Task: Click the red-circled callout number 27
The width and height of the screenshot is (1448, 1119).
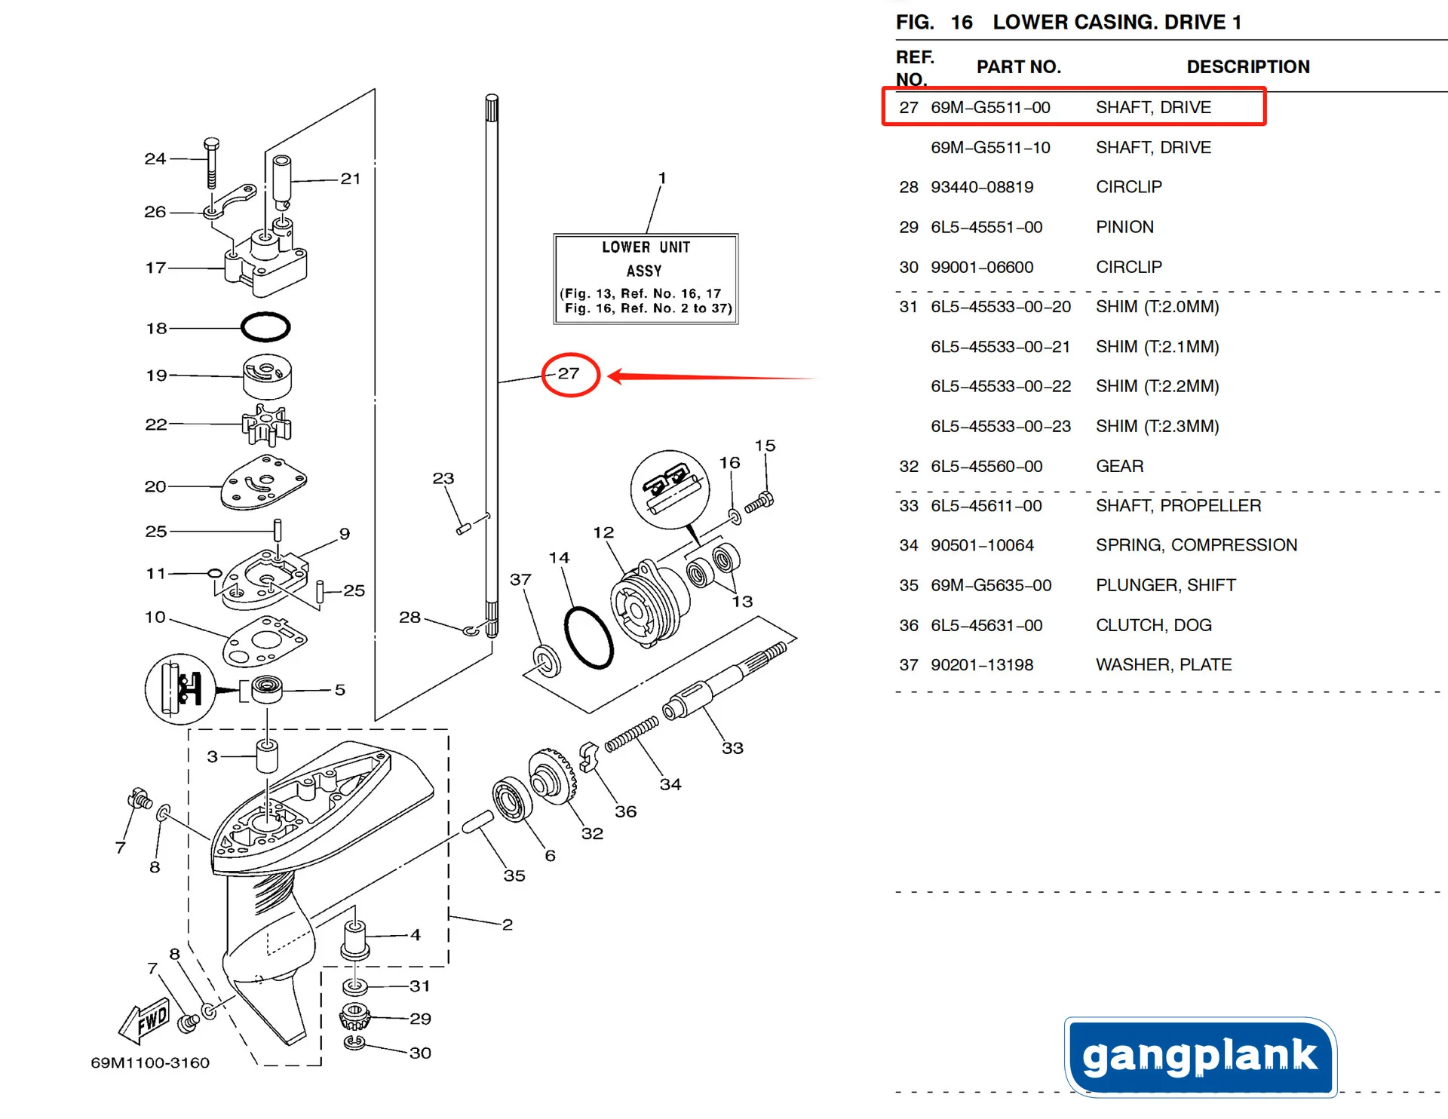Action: coord(569,373)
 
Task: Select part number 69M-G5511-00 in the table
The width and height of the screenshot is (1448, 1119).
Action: coord(990,107)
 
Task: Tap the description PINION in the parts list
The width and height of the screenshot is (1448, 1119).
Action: coord(1124,227)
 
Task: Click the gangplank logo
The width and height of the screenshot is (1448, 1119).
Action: coord(1200,1056)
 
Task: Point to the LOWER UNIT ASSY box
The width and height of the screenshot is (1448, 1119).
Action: coord(646,278)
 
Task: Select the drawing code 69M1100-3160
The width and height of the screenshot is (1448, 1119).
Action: coord(150,1062)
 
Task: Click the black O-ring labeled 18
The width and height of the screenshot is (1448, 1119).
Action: coord(265,327)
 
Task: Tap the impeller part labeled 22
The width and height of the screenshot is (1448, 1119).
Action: coord(266,426)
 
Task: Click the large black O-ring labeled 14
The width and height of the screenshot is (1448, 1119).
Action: coord(588,637)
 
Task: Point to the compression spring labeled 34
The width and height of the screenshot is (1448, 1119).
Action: coord(632,734)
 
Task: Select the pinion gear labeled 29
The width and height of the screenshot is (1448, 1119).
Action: coord(354,1015)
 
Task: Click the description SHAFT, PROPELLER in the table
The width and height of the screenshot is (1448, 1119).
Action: coord(1178,505)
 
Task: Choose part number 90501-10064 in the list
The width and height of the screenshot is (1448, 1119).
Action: coord(982,545)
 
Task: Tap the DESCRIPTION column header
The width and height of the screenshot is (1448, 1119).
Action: coord(1248,66)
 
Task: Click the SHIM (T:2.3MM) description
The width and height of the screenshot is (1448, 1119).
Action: coord(1157,426)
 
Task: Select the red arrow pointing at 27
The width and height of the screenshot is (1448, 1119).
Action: coord(709,376)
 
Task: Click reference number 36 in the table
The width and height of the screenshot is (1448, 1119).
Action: coord(908,625)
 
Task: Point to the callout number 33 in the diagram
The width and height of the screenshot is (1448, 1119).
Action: coord(732,748)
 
